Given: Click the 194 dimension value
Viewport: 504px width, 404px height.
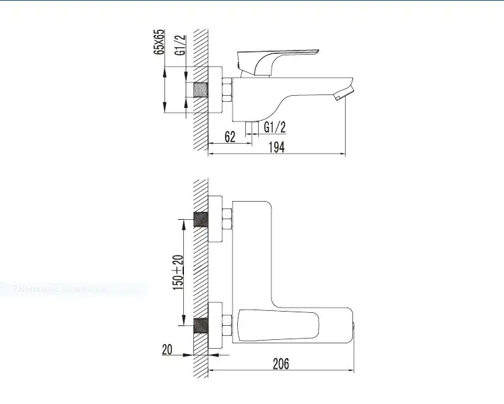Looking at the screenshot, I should (x=276, y=148).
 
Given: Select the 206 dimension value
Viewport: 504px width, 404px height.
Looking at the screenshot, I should (x=281, y=364).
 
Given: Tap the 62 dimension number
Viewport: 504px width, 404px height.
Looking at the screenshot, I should (x=229, y=137).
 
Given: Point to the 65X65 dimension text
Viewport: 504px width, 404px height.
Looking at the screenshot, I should (x=160, y=42).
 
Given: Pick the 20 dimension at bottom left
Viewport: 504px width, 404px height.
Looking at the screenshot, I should (x=168, y=349).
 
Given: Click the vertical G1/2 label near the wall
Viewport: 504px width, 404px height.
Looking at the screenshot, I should (x=181, y=47).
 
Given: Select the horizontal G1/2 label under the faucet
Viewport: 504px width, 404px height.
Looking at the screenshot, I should (x=275, y=126).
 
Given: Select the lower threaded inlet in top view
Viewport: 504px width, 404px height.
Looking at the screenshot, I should (x=200, y=326).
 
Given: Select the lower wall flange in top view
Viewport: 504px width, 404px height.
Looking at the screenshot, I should (x=215, y=326).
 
